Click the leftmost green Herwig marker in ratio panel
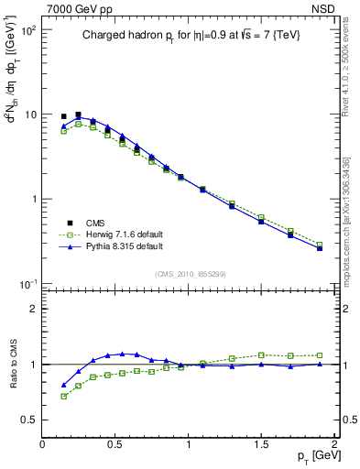pos(64,397)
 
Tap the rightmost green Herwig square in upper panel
pos(319,245)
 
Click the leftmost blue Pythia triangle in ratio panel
pos(64,386)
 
